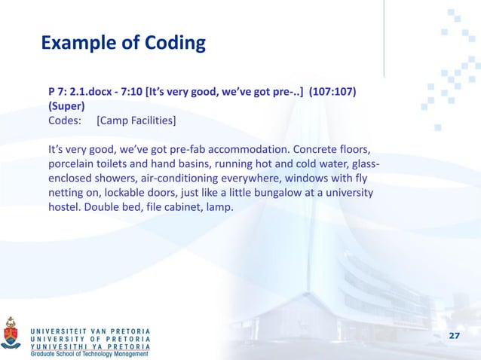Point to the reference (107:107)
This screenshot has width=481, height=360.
[x=333, y=93]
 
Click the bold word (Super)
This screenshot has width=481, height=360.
[x=66, y=106]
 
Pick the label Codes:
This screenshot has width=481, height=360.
[x=65, y=121]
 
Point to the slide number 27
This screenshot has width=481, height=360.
[x=455, y=334]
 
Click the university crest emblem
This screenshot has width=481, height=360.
[x=11, y=333]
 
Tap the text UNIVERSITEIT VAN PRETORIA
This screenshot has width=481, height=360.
[x=90, y=331]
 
